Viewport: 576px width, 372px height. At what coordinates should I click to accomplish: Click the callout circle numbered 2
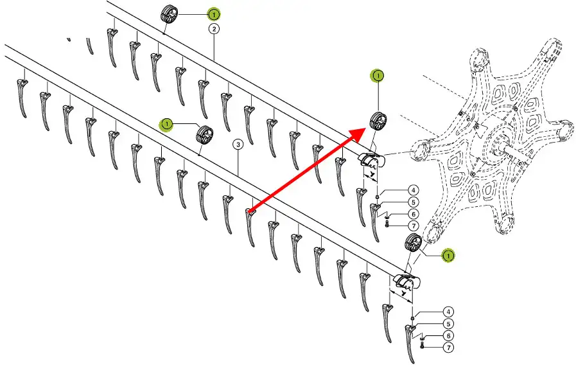(x=213, y=29)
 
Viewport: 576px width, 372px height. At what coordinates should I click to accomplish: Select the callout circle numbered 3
(x=238, y=145)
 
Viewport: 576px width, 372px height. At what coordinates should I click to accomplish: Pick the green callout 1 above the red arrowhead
(x=378, y=76)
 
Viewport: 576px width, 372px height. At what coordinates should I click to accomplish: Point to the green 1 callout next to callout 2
(x=213, y=13)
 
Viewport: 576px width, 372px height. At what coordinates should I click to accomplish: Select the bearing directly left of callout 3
(x=205, y=135)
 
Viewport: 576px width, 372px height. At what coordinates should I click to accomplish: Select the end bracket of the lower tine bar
(x=405, y=280)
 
